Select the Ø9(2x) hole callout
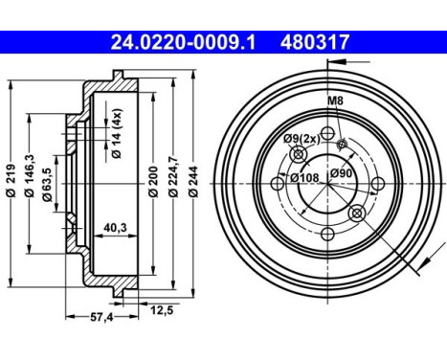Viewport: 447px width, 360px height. pyautogui.click(x=301, y=140)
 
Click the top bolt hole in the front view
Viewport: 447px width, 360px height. pyautogui.click(x=327, y=132)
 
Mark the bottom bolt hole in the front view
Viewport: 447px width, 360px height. pyautogui.click(x=327, y=233)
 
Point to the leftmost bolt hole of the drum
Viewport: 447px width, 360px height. pyautogui.click(x=278, y=182)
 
